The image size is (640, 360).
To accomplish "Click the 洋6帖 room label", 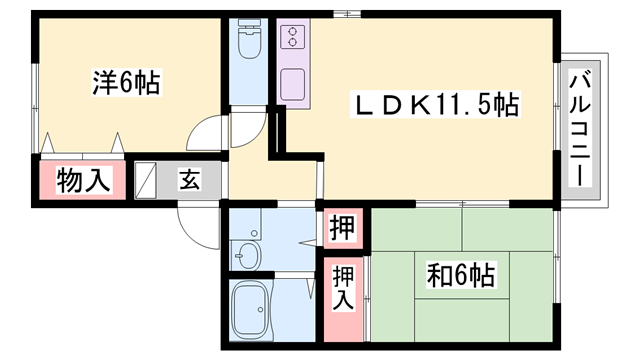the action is pyautogui.click(x=128, y=83).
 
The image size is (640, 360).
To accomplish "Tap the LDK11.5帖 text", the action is pyautogui.click(x=432, y=104).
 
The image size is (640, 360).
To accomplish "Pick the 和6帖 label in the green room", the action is pyautogui.click(x=462, y=271).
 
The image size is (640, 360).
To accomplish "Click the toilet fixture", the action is pyautogui.click(x=248, y=45).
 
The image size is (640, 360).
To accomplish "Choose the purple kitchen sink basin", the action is pyautogui.click(x=294, y=83).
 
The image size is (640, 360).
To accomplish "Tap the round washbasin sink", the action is pyautogui.click(x=246, y=255).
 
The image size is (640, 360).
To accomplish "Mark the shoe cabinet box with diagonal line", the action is pyautogui.click(x=146, y=181).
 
